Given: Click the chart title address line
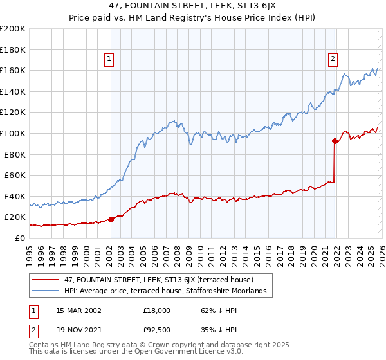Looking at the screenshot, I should pos(192,8).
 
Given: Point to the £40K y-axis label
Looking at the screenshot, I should pos(14,196).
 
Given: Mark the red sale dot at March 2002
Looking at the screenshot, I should pos(111,219).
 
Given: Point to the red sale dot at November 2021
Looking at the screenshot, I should pos(335,141).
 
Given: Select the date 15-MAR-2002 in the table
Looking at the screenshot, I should pos(78,310).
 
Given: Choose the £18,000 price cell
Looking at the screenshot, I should pos(156,310).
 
